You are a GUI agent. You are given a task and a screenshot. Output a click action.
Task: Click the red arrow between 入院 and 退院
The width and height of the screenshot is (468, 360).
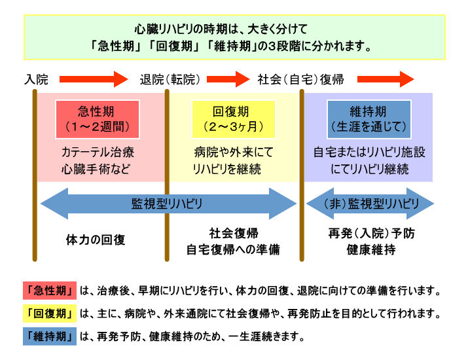coord(95,80)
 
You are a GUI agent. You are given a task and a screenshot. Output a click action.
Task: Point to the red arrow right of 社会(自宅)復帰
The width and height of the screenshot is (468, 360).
coord(386,80)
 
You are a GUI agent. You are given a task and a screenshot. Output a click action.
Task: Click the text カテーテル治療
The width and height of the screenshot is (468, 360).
coord(98,153)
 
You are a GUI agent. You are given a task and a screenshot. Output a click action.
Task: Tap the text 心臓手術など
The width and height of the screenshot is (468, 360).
coord(98,168)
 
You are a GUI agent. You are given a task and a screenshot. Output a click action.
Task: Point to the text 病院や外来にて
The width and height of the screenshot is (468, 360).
coord(233,153)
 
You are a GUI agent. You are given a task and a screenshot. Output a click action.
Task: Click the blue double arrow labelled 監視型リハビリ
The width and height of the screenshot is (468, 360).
coord(169,204)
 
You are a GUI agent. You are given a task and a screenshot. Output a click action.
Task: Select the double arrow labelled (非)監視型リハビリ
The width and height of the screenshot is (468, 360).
coord(370,204)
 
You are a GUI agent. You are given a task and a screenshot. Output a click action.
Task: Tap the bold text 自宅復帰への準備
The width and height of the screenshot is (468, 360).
coord(233,249)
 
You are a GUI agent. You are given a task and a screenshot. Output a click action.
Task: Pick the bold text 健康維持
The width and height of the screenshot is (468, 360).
coord(370,249)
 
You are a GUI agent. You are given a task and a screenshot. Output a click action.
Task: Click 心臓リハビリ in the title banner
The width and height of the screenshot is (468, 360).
coord(164,29)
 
